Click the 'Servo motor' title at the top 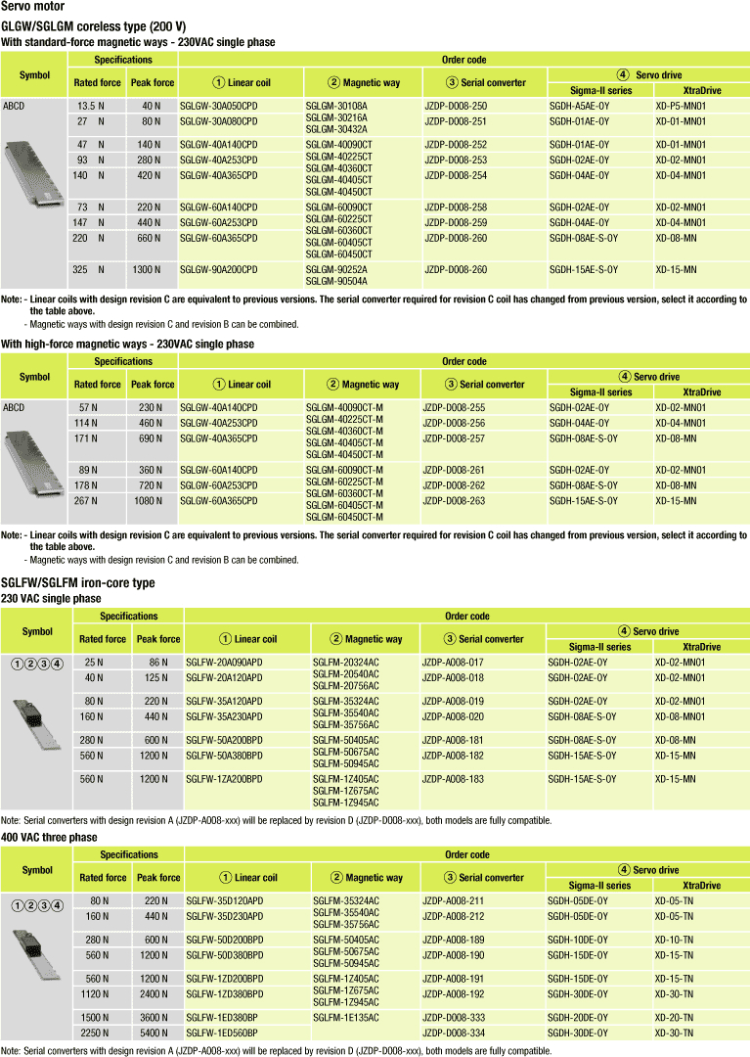coord(32,8)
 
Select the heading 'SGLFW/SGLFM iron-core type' coord(77,583)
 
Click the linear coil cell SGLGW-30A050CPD coord(219,105)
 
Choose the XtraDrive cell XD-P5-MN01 coord(681,105)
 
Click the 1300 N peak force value coord(151,269)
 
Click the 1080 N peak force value coord(151,501)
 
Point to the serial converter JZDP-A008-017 coord(454,662)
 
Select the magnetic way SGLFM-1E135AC coord(345,1017)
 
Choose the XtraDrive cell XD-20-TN coord(675,1017)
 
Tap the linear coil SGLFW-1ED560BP coord(221,1033)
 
